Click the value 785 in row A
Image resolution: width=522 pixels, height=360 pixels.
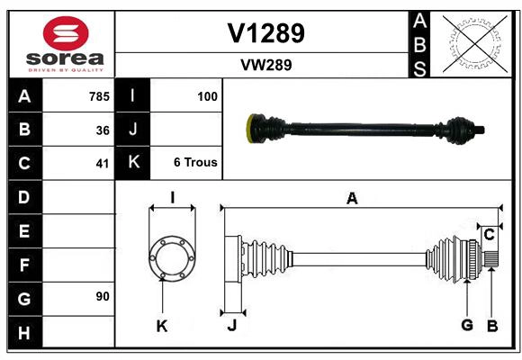pyautogui.click(x=98, y=95)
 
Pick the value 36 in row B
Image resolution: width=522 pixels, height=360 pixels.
pyautogui.click(x=102, y=130)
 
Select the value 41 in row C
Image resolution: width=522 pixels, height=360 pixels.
pyautogui.click(x=102, y=164)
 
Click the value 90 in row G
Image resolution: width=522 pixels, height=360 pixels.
pyautogui.click(x=102, y=296)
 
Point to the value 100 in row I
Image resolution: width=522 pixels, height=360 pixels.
pyautogui.click(x=207, y=95)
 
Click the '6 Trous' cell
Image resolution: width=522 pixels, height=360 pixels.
pyautogui.click(x=195, y=163)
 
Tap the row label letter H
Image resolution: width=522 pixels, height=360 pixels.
pyautogui.click(x=24, y=333)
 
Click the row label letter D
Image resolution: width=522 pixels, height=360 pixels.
pyautogui.click(x=24, y=196)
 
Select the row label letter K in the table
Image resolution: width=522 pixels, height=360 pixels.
pyautogui.click(x=133, y=163)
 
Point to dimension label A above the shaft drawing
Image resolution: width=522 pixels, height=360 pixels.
pyautogui.click(x=352, y=199)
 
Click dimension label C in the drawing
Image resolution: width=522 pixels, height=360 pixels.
pyautogui.click(x=489, y=235)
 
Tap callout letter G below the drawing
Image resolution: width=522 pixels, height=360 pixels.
pyautogui.click(x=467, y=325)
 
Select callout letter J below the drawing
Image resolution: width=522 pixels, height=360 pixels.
pyautogui.click(x=231, y=326)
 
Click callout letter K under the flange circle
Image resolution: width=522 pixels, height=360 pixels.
pyautogui.click(x=162, y=326)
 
